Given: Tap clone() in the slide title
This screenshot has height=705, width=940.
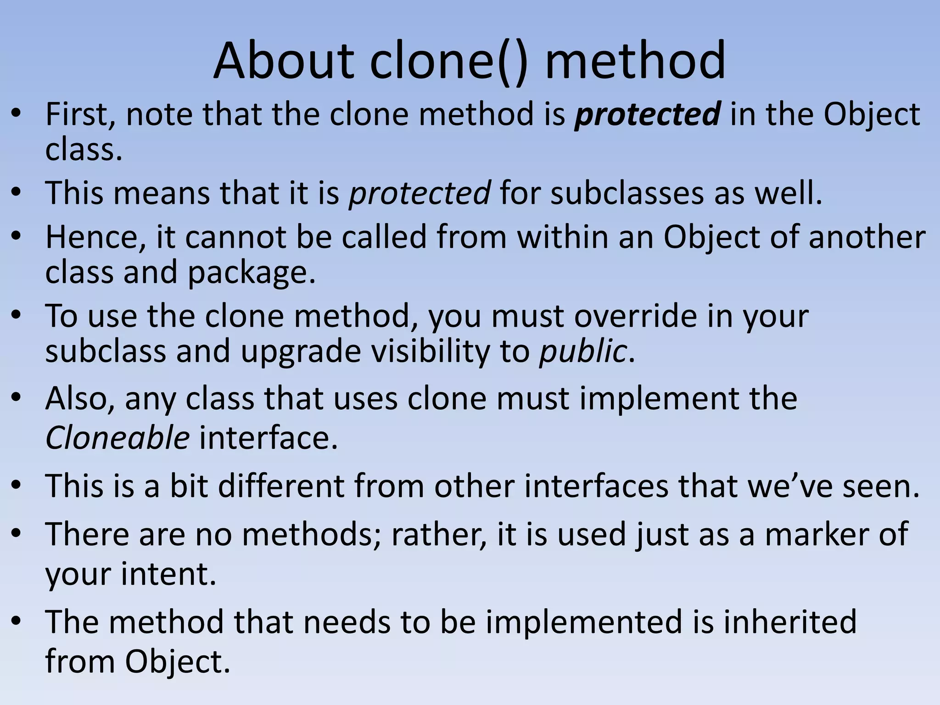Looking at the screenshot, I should click(x=448, y=61).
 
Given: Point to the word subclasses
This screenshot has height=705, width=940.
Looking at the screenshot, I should click(x=627, y=193).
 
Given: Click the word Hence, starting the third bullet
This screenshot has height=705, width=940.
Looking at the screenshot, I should click(x=95, y=237).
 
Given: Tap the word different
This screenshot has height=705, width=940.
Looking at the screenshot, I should click(x=281, y=486).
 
